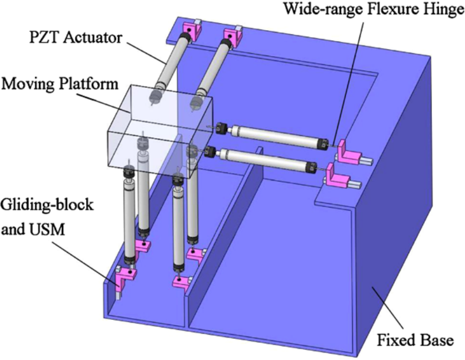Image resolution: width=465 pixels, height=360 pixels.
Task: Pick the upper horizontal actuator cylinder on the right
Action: click(271, 135)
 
